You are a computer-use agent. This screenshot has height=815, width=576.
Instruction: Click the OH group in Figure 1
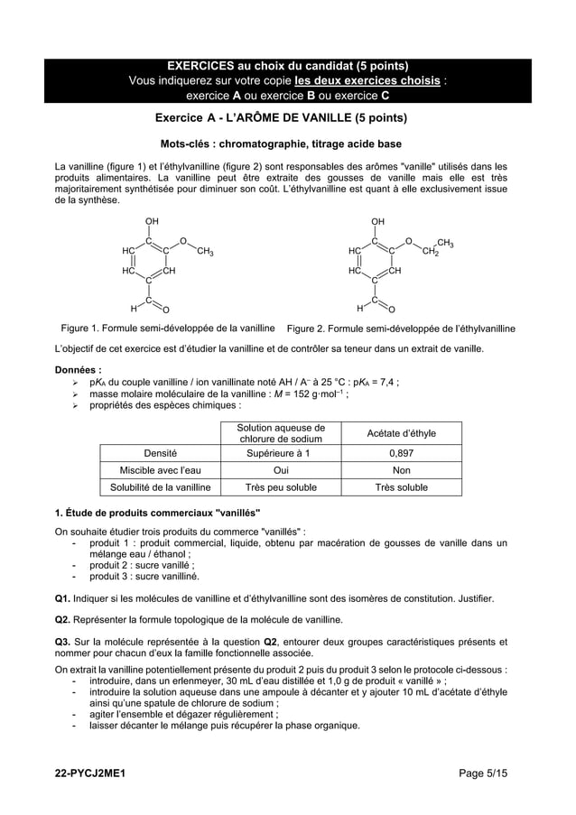click(x=151, y=220)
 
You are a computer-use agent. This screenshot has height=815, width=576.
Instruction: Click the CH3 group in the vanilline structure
click(x=205, y=250)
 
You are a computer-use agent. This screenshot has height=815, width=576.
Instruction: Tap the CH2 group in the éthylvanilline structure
click(x=430, y=251)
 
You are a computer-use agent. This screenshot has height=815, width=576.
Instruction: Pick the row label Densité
click(x=160, y=453)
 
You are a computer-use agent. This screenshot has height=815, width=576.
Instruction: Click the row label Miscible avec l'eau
click(x=160, y=470)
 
